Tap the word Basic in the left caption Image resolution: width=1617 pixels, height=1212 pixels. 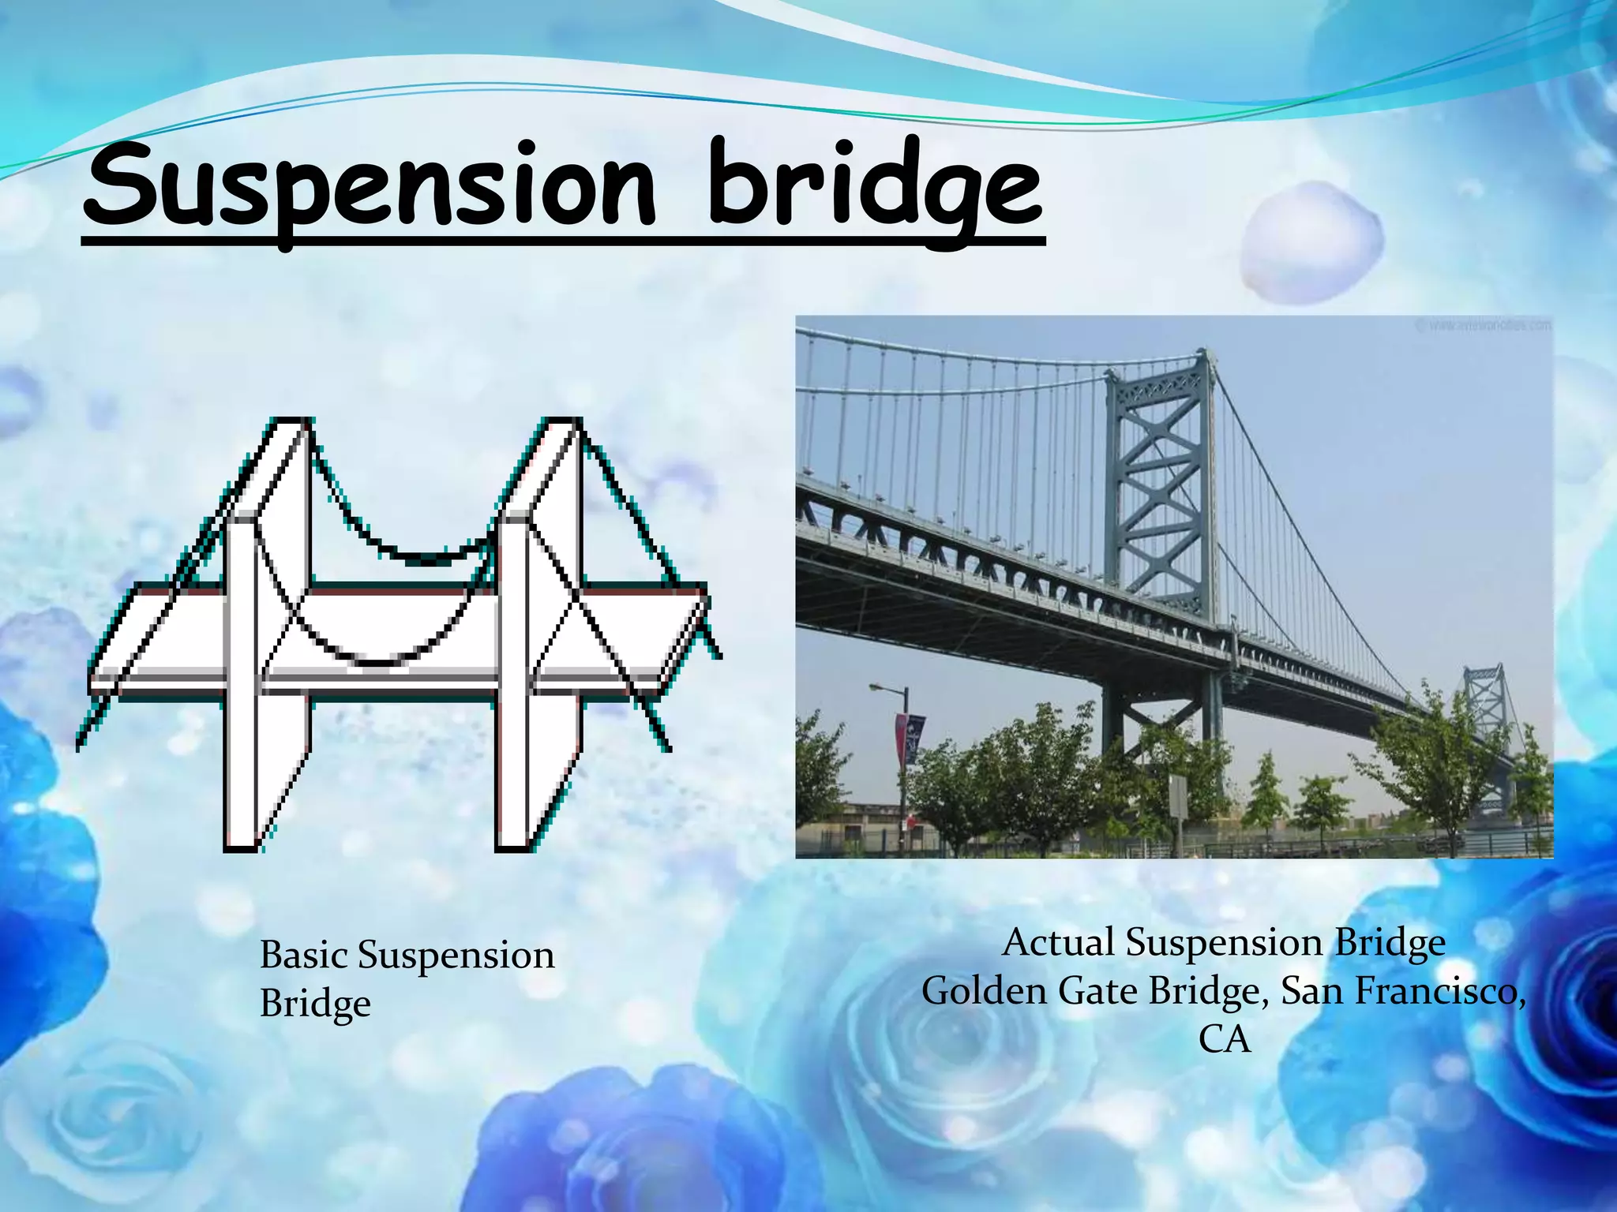[304, 956]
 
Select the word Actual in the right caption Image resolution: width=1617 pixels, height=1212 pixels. [1058, 943]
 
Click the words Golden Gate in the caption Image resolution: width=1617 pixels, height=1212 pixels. [1031, 991]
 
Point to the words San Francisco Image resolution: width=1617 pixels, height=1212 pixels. [1402, 991]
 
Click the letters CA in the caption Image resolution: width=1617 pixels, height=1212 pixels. [1225, 1039]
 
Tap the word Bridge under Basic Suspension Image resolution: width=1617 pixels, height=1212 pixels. [315, 1004]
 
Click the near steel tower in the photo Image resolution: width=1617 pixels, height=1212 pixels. [1161, 489]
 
